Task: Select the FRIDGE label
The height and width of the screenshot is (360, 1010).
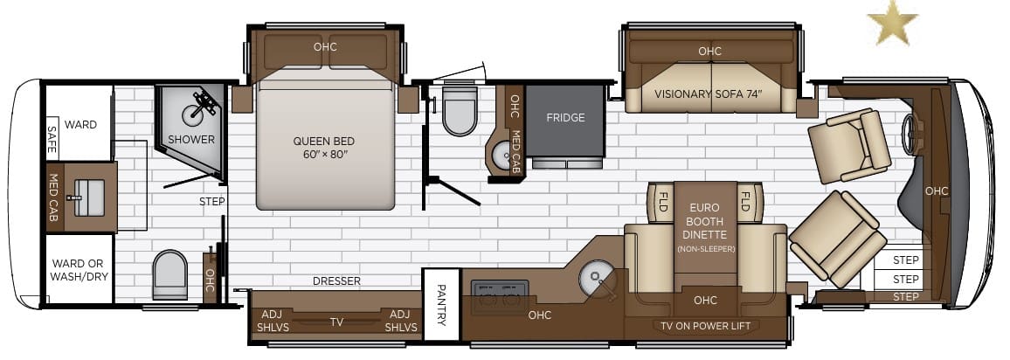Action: (x=565, y=118)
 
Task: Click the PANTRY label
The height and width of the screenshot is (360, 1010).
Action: (x=441, y=305)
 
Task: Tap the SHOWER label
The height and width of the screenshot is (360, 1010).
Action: (x=191, y=139)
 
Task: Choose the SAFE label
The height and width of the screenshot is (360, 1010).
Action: (x=52, y=138)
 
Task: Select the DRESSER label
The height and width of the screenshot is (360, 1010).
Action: (x=337, y=281)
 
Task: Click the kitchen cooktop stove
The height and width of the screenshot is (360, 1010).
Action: (x=500, y=297)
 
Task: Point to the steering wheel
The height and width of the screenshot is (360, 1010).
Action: (x=909, y=134)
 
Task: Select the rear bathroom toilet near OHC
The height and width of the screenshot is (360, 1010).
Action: (x=170, y=275)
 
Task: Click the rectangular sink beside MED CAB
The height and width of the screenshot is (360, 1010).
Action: (x=89, y=197)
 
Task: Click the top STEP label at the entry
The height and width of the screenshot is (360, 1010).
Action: (x=906, y=260)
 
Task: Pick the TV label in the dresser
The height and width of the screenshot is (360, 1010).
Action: (x=337, y=322)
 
